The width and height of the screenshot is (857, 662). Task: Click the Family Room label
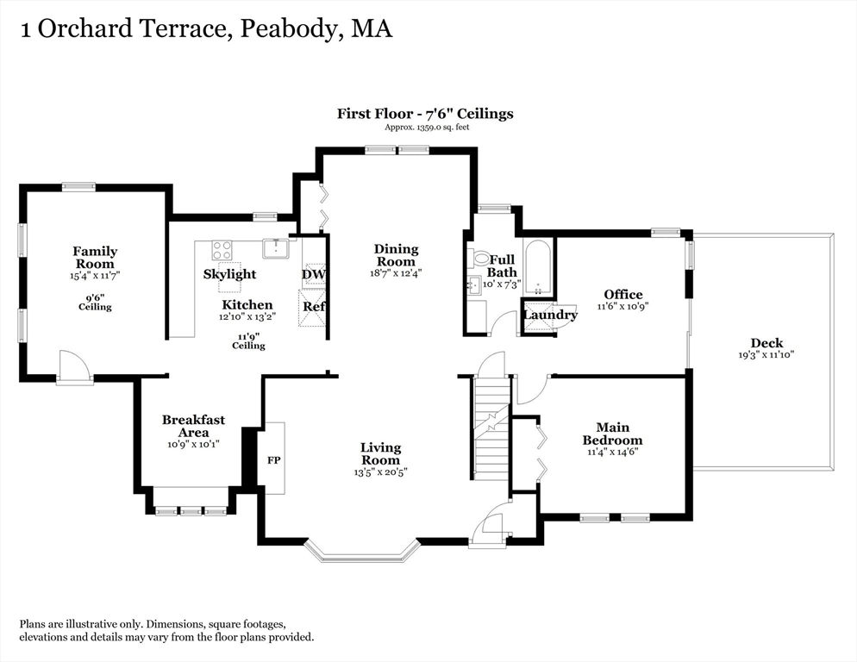[95, 258]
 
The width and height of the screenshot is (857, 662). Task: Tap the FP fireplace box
[274, 458]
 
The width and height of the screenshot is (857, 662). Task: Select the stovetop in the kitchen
[222, 250]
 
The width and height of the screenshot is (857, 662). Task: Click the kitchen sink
[277, 248]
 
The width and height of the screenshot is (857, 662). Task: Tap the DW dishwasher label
[313, 274]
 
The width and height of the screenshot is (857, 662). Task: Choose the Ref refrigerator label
[315, 307]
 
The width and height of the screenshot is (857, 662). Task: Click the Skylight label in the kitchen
[229, 274]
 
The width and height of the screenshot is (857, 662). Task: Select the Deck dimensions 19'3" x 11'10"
[766, 355]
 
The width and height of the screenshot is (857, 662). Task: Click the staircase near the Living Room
[492, 428]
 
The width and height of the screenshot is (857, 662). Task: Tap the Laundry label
[550, 315]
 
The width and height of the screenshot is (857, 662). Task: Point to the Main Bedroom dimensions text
[613, 453]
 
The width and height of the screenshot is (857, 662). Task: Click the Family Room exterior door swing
[72, 364]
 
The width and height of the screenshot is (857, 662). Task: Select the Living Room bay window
[361, 551]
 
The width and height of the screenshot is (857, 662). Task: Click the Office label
[623, 295]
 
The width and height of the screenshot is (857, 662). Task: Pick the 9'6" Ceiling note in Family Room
[95, 303]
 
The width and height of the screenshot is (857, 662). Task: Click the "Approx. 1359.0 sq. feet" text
[427, 128]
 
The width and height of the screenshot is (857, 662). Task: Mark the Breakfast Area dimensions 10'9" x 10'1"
[193, 445]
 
